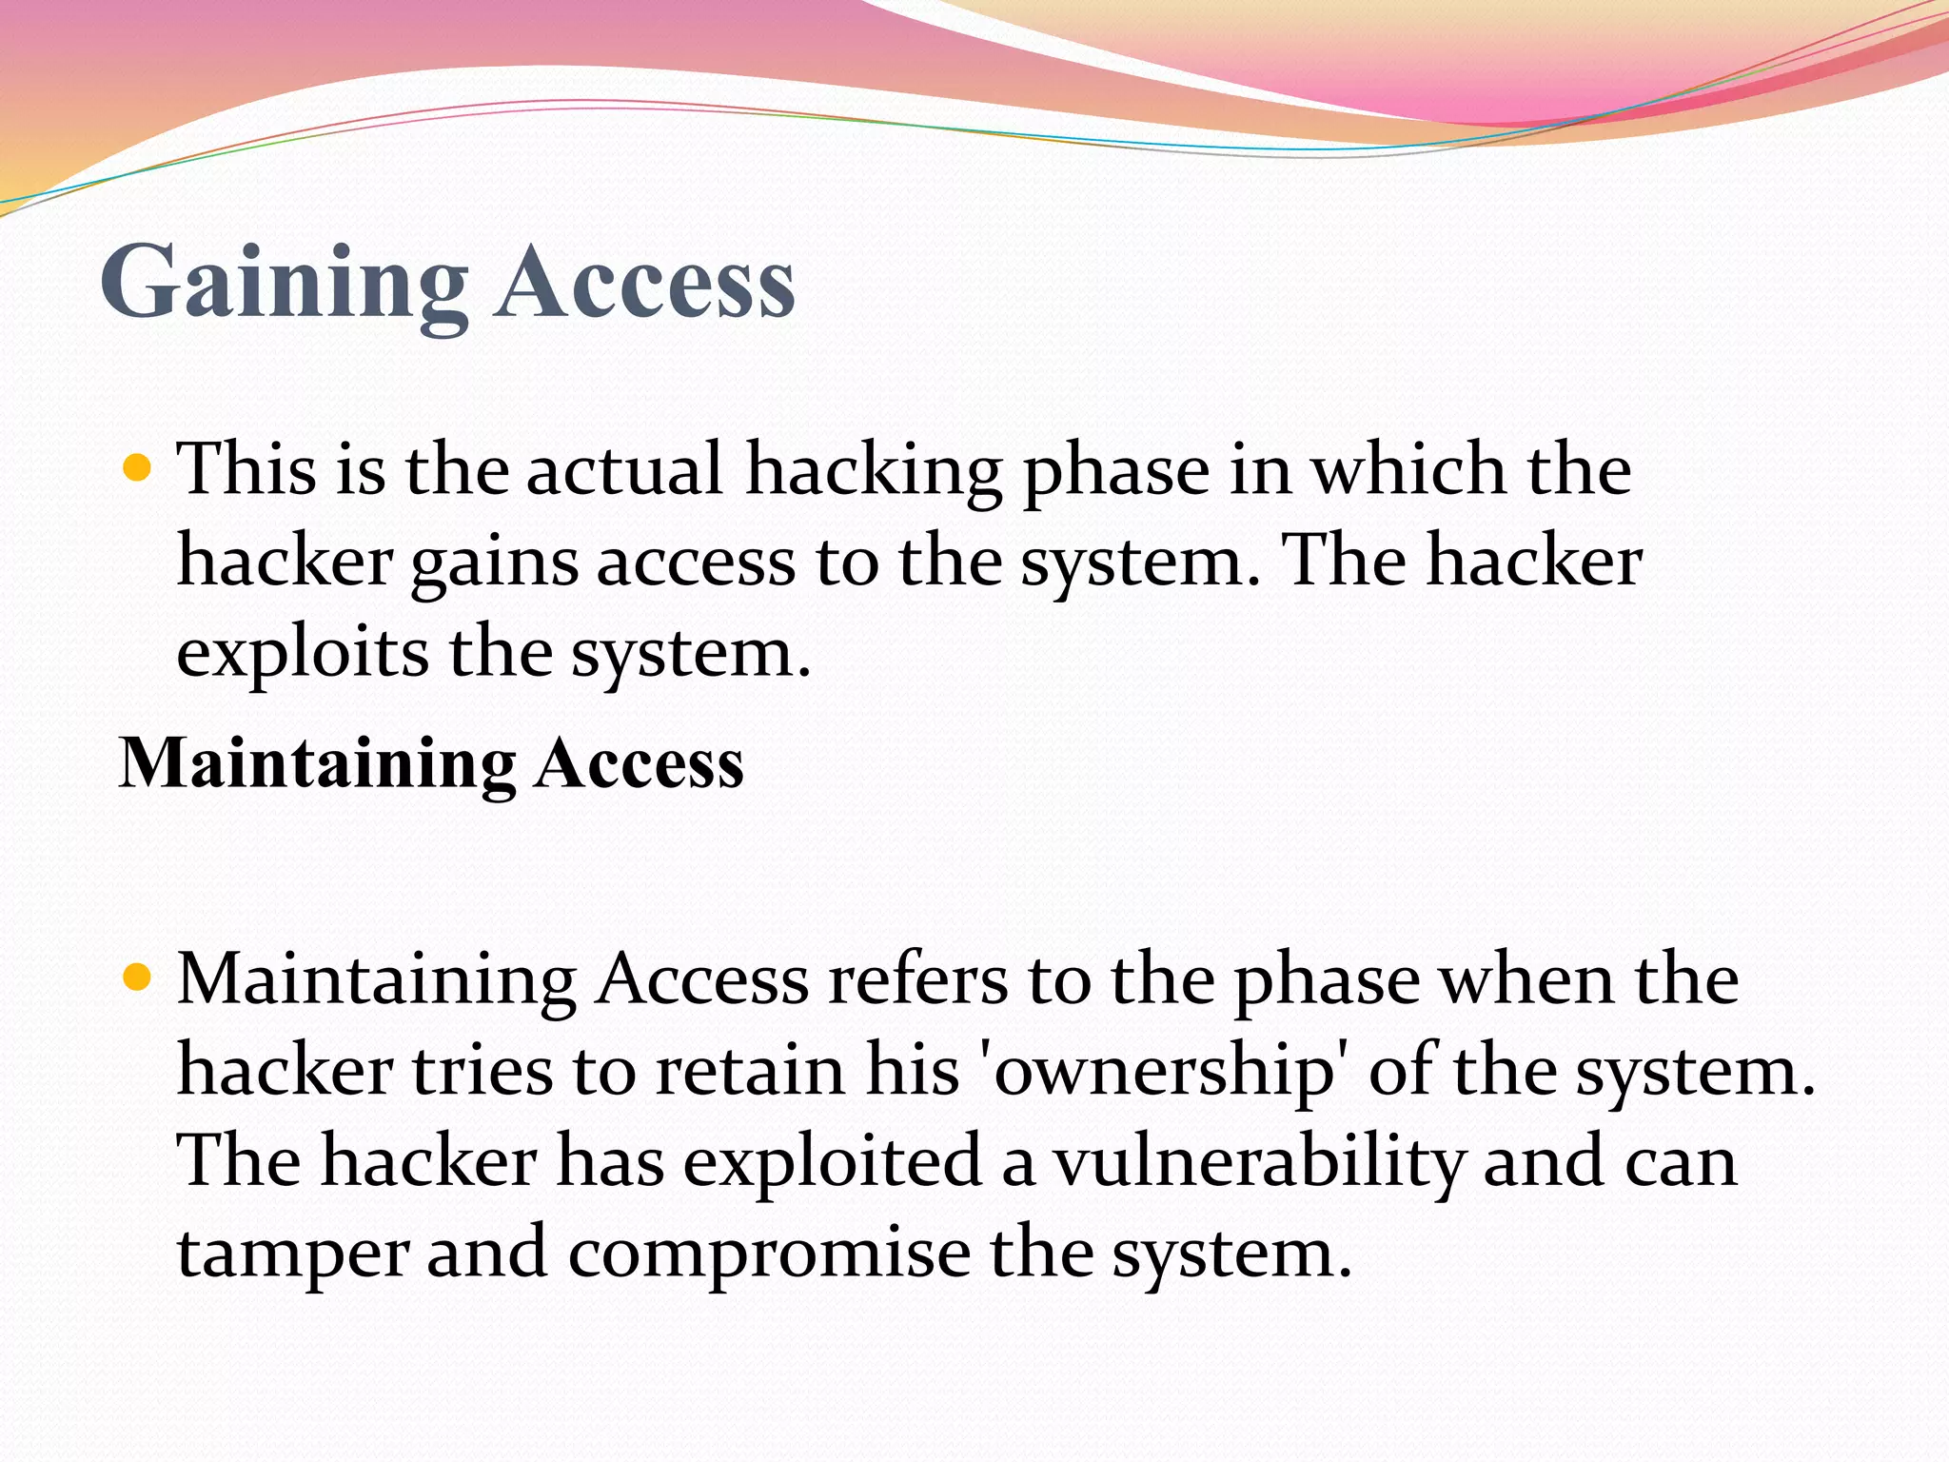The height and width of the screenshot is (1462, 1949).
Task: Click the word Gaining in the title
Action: [x=284, y=283]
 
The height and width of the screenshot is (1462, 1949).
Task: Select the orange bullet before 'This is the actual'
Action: [x=138, y=468]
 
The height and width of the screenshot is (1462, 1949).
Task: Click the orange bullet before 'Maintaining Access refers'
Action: [x=138, y=978]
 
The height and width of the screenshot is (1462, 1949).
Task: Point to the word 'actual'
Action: [x=624, y=469]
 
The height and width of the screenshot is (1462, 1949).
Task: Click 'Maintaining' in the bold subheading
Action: [x=318, y=764]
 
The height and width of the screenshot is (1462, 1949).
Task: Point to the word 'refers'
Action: [x=916, y=979]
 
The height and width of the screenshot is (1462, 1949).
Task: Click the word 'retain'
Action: [x=750, y=1071]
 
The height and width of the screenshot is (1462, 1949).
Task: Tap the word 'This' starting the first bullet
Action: [x=246, y=469]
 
